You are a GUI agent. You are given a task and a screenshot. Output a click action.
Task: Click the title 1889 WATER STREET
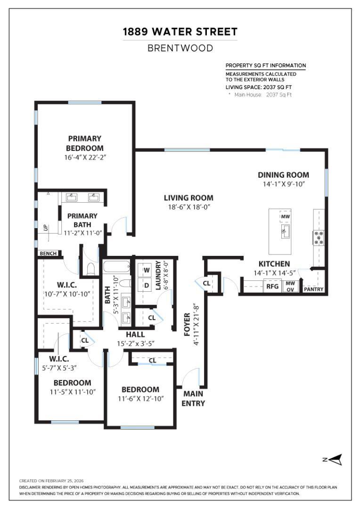180,32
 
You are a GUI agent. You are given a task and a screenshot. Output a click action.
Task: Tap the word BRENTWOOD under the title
180,48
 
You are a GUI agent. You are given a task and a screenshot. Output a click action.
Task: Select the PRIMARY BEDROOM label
84,143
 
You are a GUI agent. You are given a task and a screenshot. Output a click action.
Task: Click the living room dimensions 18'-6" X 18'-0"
188,207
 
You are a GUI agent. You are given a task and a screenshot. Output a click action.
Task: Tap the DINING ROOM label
284,175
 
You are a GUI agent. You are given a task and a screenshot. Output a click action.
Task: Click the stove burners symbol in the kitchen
319,237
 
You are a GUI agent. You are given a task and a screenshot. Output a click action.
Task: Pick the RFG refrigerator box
272,286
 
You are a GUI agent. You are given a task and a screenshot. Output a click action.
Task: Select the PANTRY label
313,289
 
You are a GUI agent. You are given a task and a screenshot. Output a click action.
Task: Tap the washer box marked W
147,270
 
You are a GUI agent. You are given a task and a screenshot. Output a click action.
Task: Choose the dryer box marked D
147,286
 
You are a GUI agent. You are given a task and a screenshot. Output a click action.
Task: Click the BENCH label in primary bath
48,254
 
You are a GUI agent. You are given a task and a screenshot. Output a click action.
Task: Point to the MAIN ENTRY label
193,398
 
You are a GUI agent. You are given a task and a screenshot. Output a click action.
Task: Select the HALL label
135,335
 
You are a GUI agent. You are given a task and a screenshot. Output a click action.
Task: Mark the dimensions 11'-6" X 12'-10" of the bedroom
140,399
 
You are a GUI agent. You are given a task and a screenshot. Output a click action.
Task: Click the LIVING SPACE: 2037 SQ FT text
258,87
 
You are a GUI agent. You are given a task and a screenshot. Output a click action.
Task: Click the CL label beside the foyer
206,283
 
